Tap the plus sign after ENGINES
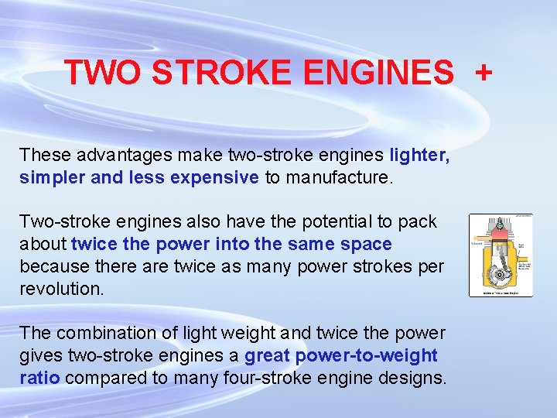(484, 73)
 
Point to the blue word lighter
(419, 156)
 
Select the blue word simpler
(53, 178)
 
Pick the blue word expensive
(214, 178)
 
